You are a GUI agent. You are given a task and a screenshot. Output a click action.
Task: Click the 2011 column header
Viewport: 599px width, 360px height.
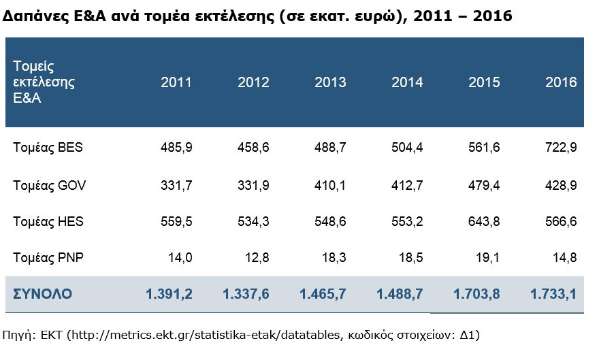pyautogui.click(x=176, y=82)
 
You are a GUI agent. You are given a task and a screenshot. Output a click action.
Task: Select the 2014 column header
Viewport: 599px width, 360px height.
pyautogui.click(x=407, y=82)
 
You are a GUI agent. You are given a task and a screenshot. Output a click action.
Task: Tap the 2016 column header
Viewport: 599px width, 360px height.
pyautogui.click(x=561, y=82)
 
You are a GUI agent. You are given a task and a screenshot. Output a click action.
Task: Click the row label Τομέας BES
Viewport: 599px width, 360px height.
pyautogui.click(x=48, y=147)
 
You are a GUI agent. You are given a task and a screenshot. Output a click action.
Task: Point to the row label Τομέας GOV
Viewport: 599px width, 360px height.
pyautogui.click(x=49, y=184)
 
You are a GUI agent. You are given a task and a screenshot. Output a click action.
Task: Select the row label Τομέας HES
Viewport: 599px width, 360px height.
pyautogui.click(x=48, y=221)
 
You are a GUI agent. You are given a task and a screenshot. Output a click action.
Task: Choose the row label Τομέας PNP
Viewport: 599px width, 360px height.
pyautogui.click(x=48, y=258)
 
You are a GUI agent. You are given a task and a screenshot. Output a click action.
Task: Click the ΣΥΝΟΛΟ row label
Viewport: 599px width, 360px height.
pyautogui.click(x=43, y=294)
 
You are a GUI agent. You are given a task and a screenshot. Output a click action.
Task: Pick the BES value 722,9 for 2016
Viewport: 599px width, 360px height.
pyautogui.click(x=562, y=147)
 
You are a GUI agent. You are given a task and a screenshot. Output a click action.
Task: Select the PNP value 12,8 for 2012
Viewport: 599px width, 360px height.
pyautogui.click(x=257, y=258)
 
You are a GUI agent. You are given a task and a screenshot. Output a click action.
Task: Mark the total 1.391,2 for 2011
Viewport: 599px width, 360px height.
pyautogui.click(x=169, y=294)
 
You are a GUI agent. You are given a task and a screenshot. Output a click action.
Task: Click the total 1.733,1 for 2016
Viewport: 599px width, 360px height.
pyautogui.click(x=553, y=294)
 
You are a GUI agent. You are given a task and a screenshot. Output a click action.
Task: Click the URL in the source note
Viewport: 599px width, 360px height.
pyautogui.click(x=210, y=334)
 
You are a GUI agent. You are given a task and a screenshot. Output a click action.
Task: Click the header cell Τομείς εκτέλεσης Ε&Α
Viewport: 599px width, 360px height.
pyautogui.click(x=44, y=82)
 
